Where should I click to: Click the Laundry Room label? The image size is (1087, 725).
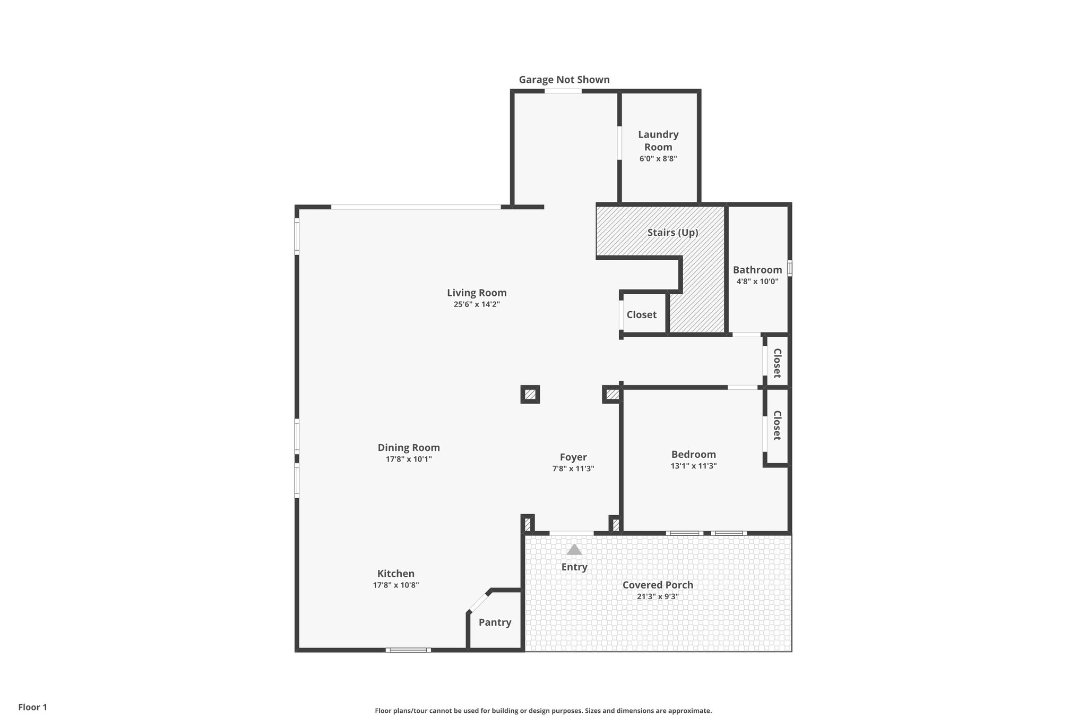pos(658,141)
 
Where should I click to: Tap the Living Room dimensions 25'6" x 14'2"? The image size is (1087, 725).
pos(477,304)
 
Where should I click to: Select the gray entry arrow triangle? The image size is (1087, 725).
pos(574,550)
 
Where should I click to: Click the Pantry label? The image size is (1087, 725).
pos(495,622)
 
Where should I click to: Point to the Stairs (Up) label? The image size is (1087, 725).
pos(672,233)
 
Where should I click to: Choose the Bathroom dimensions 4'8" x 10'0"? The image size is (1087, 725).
pos(757,282)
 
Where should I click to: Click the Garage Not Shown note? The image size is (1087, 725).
pos(564,80)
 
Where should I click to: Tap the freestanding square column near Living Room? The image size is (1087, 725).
pos(530,395)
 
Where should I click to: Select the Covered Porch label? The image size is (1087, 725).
pos(658,585)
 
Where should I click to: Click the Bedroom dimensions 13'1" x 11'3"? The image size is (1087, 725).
pos(694,466)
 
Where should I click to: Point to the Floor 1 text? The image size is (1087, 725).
pos(32,707)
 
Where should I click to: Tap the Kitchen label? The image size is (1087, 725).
pos(396,574)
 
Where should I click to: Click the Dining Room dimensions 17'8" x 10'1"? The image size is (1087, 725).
pos(409,459)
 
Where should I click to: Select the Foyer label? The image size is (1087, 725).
pos(573,457)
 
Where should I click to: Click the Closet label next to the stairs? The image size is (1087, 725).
pos(641,314)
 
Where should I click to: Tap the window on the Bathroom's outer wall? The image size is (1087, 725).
pos(790,268)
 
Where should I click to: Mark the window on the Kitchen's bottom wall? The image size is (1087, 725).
pos(408,650)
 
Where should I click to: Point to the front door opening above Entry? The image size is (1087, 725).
pos(572,533)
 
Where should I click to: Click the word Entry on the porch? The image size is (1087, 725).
pos(574,567)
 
